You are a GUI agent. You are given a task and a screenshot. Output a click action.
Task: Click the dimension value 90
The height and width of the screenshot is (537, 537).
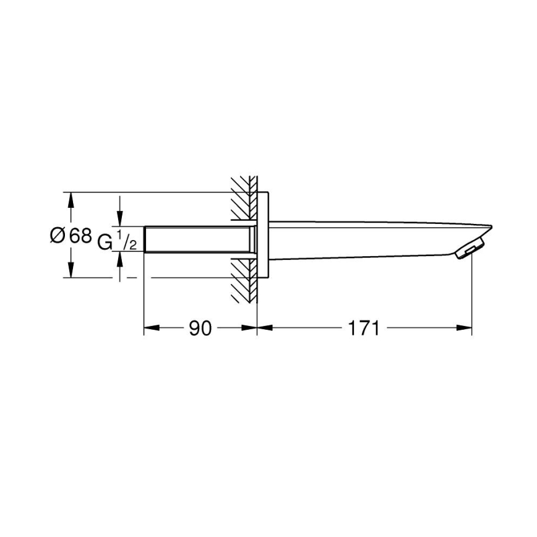click(x=200, y=329)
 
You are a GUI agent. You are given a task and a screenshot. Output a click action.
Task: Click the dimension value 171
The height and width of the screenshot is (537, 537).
click(x=363, y=329)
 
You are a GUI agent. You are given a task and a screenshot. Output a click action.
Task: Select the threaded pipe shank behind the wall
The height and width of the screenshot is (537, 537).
click(x=198, y=239)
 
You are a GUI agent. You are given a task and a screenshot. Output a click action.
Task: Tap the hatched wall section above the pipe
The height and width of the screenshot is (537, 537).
click(x=243, y=198)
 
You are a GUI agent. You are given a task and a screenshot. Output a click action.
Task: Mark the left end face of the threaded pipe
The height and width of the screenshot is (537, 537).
click(x=144, y=239)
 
